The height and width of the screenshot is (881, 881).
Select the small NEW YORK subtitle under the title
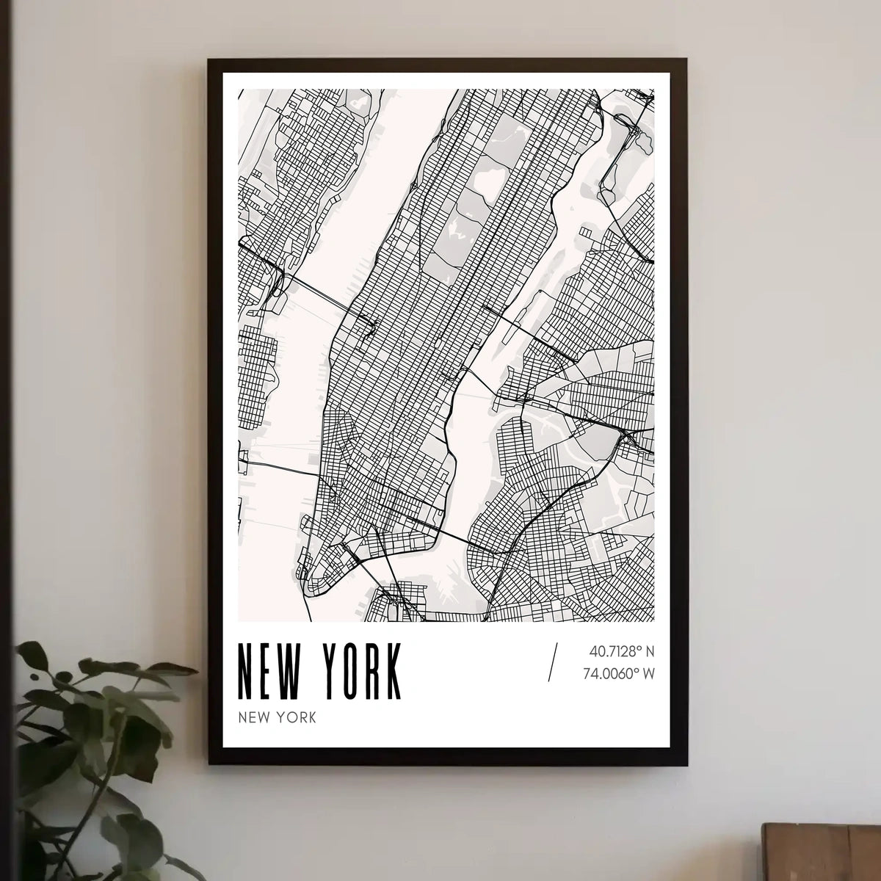277,717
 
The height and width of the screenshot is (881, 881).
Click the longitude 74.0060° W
618,672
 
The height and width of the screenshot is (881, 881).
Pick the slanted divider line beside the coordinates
553,661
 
